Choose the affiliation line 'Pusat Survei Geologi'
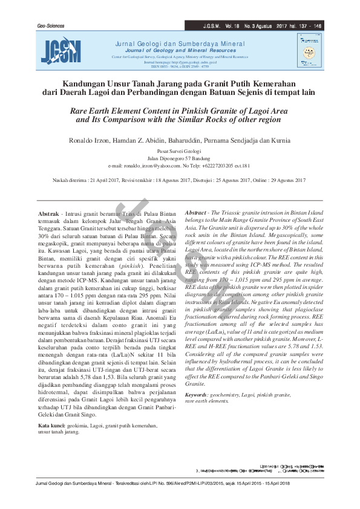pos(179,151)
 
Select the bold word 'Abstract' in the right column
pos(196,214)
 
